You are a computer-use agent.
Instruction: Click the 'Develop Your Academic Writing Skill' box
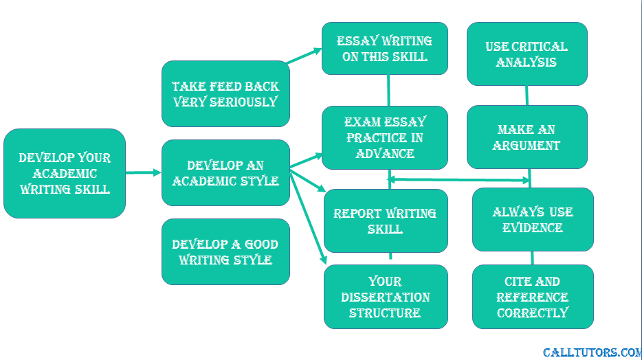65,173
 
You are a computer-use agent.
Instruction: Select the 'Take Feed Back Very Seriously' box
225,93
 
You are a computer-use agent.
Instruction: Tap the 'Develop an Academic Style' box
225,172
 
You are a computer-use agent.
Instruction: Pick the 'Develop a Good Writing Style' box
225,251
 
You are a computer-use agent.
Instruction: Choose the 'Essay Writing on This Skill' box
385,49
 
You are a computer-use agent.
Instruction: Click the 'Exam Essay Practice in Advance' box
385,137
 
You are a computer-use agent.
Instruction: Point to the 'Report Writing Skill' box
386,221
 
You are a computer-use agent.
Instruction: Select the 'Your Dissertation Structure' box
386,297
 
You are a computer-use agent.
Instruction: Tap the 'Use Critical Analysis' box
527,54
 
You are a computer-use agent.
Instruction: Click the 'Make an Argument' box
527,137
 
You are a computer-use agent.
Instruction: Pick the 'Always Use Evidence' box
533,219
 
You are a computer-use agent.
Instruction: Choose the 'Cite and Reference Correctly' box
533,297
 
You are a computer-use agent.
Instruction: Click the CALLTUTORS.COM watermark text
593,352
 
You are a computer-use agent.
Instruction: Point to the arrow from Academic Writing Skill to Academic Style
143,172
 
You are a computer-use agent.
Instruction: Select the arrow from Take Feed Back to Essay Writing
305,56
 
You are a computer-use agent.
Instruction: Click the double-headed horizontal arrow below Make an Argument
458,179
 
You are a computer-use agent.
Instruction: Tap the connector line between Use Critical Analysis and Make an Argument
527,95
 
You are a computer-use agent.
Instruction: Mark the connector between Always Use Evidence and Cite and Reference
532,258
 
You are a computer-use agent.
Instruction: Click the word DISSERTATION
386,297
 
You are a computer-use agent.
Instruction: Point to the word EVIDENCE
532,227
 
